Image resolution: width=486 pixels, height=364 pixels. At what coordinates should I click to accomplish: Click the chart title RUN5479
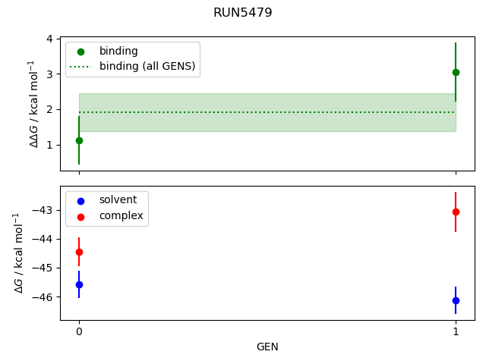(242, 13)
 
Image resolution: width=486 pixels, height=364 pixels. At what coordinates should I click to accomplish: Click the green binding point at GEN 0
(79, 140)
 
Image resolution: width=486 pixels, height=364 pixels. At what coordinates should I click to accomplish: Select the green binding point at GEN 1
(456, 72)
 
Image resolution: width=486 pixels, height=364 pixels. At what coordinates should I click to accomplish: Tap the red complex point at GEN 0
(79, 252)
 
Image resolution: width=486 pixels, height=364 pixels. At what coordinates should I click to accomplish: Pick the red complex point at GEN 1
(456, 212)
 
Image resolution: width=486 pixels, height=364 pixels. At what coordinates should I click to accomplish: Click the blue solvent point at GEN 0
(79, 284)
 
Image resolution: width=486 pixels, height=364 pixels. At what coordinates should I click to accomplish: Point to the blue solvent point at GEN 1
(456, 300)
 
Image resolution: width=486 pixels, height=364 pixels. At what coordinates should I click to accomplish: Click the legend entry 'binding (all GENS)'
(147, 67)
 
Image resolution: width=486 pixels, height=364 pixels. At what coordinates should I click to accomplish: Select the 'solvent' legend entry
(118, 200)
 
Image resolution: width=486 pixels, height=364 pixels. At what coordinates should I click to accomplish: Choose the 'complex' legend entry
(121, 216)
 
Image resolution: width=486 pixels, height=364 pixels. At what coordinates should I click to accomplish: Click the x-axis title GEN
(267, 347)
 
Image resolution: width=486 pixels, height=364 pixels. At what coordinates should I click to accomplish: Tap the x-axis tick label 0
(79, 331)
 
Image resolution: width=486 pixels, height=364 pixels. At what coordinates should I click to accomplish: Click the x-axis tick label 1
(456, 331)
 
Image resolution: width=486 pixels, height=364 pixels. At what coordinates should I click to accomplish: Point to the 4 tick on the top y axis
(49, 39)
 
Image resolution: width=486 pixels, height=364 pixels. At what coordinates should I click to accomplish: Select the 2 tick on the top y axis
(49, 109)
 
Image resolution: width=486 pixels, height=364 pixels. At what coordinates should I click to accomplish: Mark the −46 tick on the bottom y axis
(43, 297)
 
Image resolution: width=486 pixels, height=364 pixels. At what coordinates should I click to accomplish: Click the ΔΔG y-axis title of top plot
(33, 104)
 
